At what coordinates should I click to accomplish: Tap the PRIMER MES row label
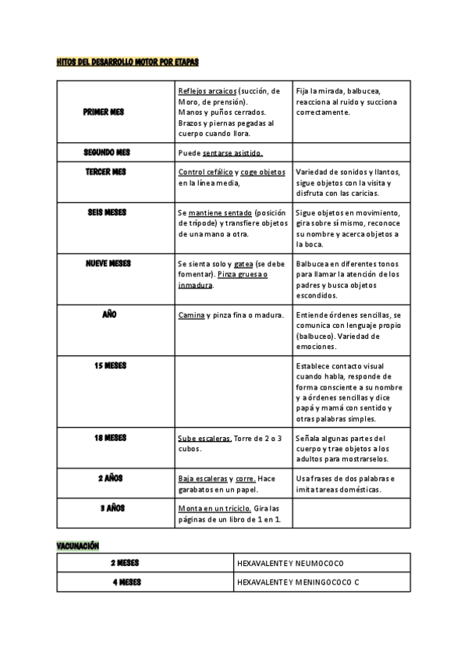104,112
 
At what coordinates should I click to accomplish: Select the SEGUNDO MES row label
107,152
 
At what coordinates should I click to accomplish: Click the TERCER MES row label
106,172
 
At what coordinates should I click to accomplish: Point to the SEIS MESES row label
107,212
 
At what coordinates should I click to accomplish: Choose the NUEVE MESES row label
108,264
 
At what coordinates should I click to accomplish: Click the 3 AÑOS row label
112,508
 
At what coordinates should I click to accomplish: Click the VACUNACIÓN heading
78,546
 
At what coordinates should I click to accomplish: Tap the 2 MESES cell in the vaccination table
126,563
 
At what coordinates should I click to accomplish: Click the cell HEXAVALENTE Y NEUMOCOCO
289,563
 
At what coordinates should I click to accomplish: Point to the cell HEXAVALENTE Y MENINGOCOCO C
298,582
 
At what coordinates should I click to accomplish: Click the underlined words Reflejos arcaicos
207,91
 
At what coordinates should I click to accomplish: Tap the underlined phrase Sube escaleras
204,438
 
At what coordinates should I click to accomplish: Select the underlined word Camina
191,315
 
